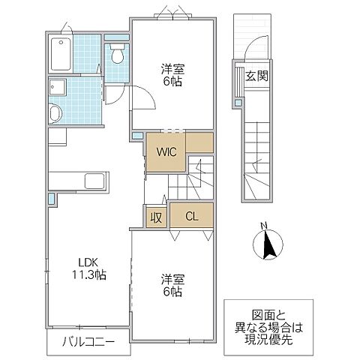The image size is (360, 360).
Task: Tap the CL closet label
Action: click(191, 217)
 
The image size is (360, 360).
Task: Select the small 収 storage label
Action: click(155, 217)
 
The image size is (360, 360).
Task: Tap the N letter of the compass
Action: click(262, 225)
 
